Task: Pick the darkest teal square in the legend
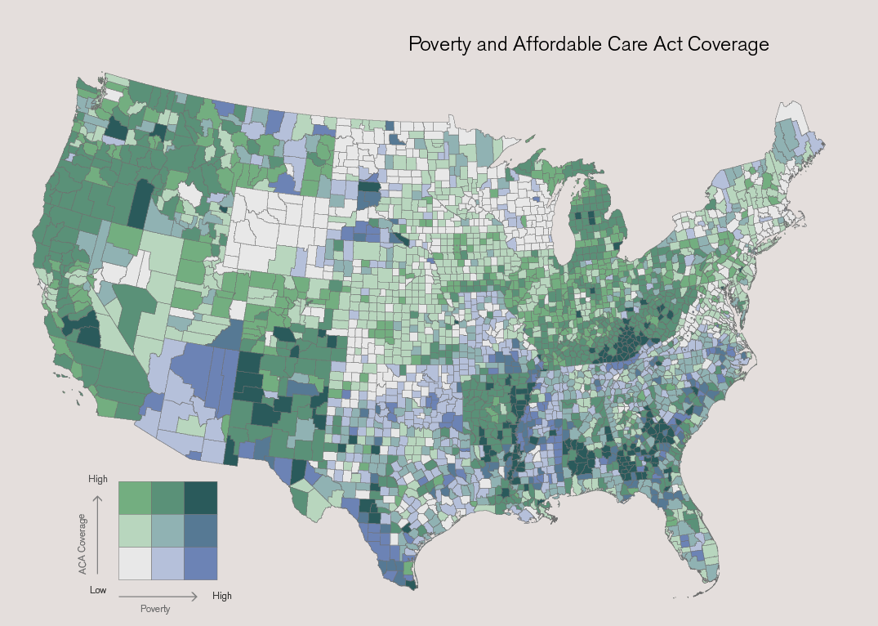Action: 200,498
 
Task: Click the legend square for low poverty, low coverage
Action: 135,563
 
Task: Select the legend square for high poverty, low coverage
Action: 200,563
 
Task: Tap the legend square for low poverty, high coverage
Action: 135,498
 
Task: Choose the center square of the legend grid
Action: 167,530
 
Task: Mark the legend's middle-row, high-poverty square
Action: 200,530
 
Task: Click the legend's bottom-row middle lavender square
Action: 167,563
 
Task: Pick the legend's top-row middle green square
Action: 167,498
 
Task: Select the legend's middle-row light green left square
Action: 135,530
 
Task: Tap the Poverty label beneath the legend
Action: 155,610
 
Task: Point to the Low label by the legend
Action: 98,589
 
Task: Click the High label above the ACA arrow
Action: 98,479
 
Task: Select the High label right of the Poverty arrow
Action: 222,596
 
